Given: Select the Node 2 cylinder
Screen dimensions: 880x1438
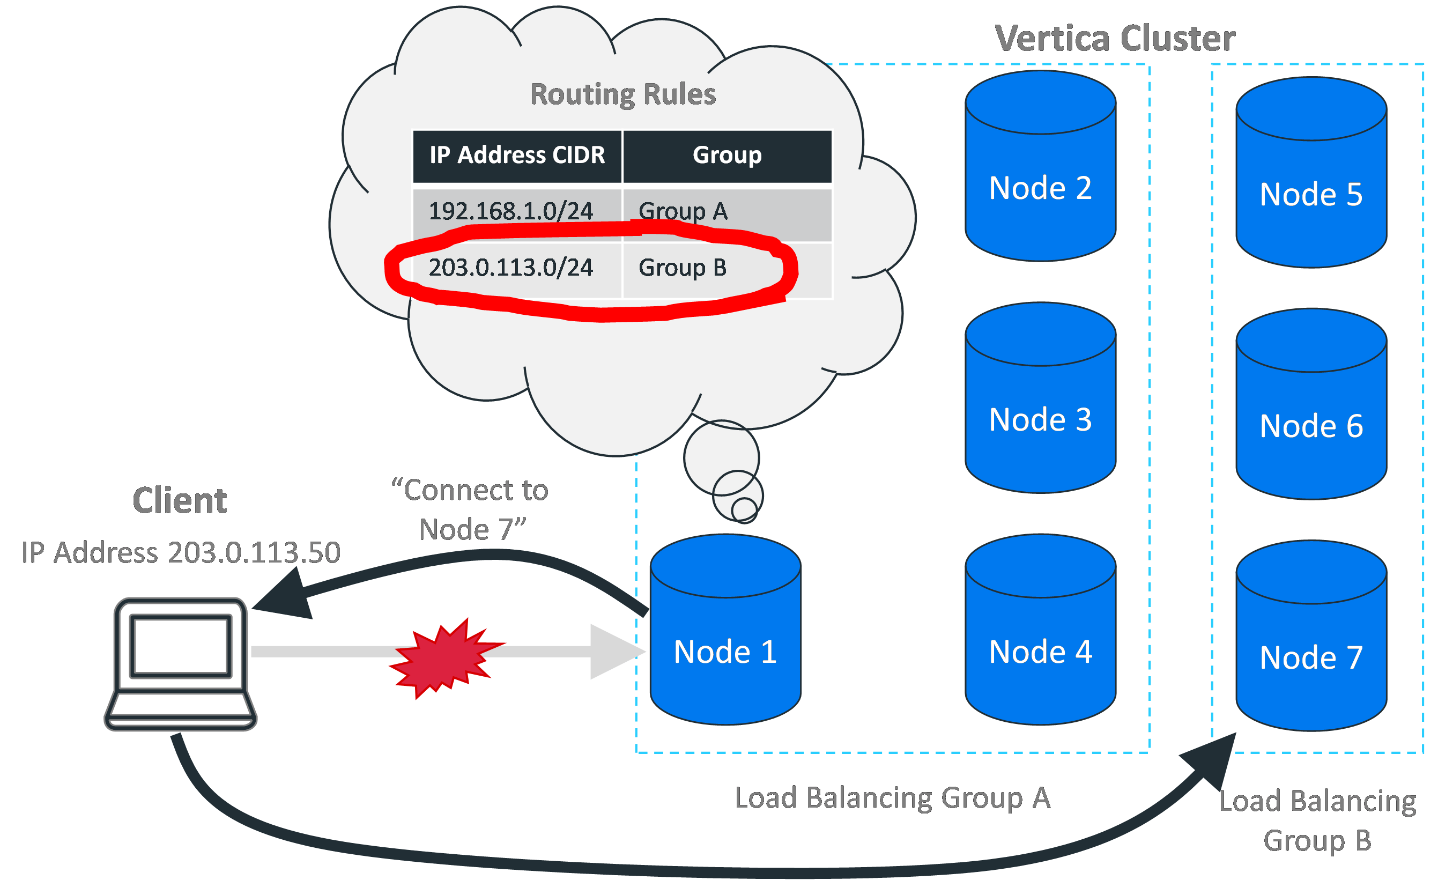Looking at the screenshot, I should [1040, 175].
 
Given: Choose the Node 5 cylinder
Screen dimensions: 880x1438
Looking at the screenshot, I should [1311, 181].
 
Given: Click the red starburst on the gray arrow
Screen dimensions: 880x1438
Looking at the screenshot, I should [444, 658].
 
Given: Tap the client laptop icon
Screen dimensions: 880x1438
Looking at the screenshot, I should [180, 664].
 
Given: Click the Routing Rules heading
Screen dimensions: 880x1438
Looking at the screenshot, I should [622, 94].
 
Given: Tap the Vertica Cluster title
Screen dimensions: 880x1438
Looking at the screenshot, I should [1115, 39].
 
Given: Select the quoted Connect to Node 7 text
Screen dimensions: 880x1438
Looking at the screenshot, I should [470, 509].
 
